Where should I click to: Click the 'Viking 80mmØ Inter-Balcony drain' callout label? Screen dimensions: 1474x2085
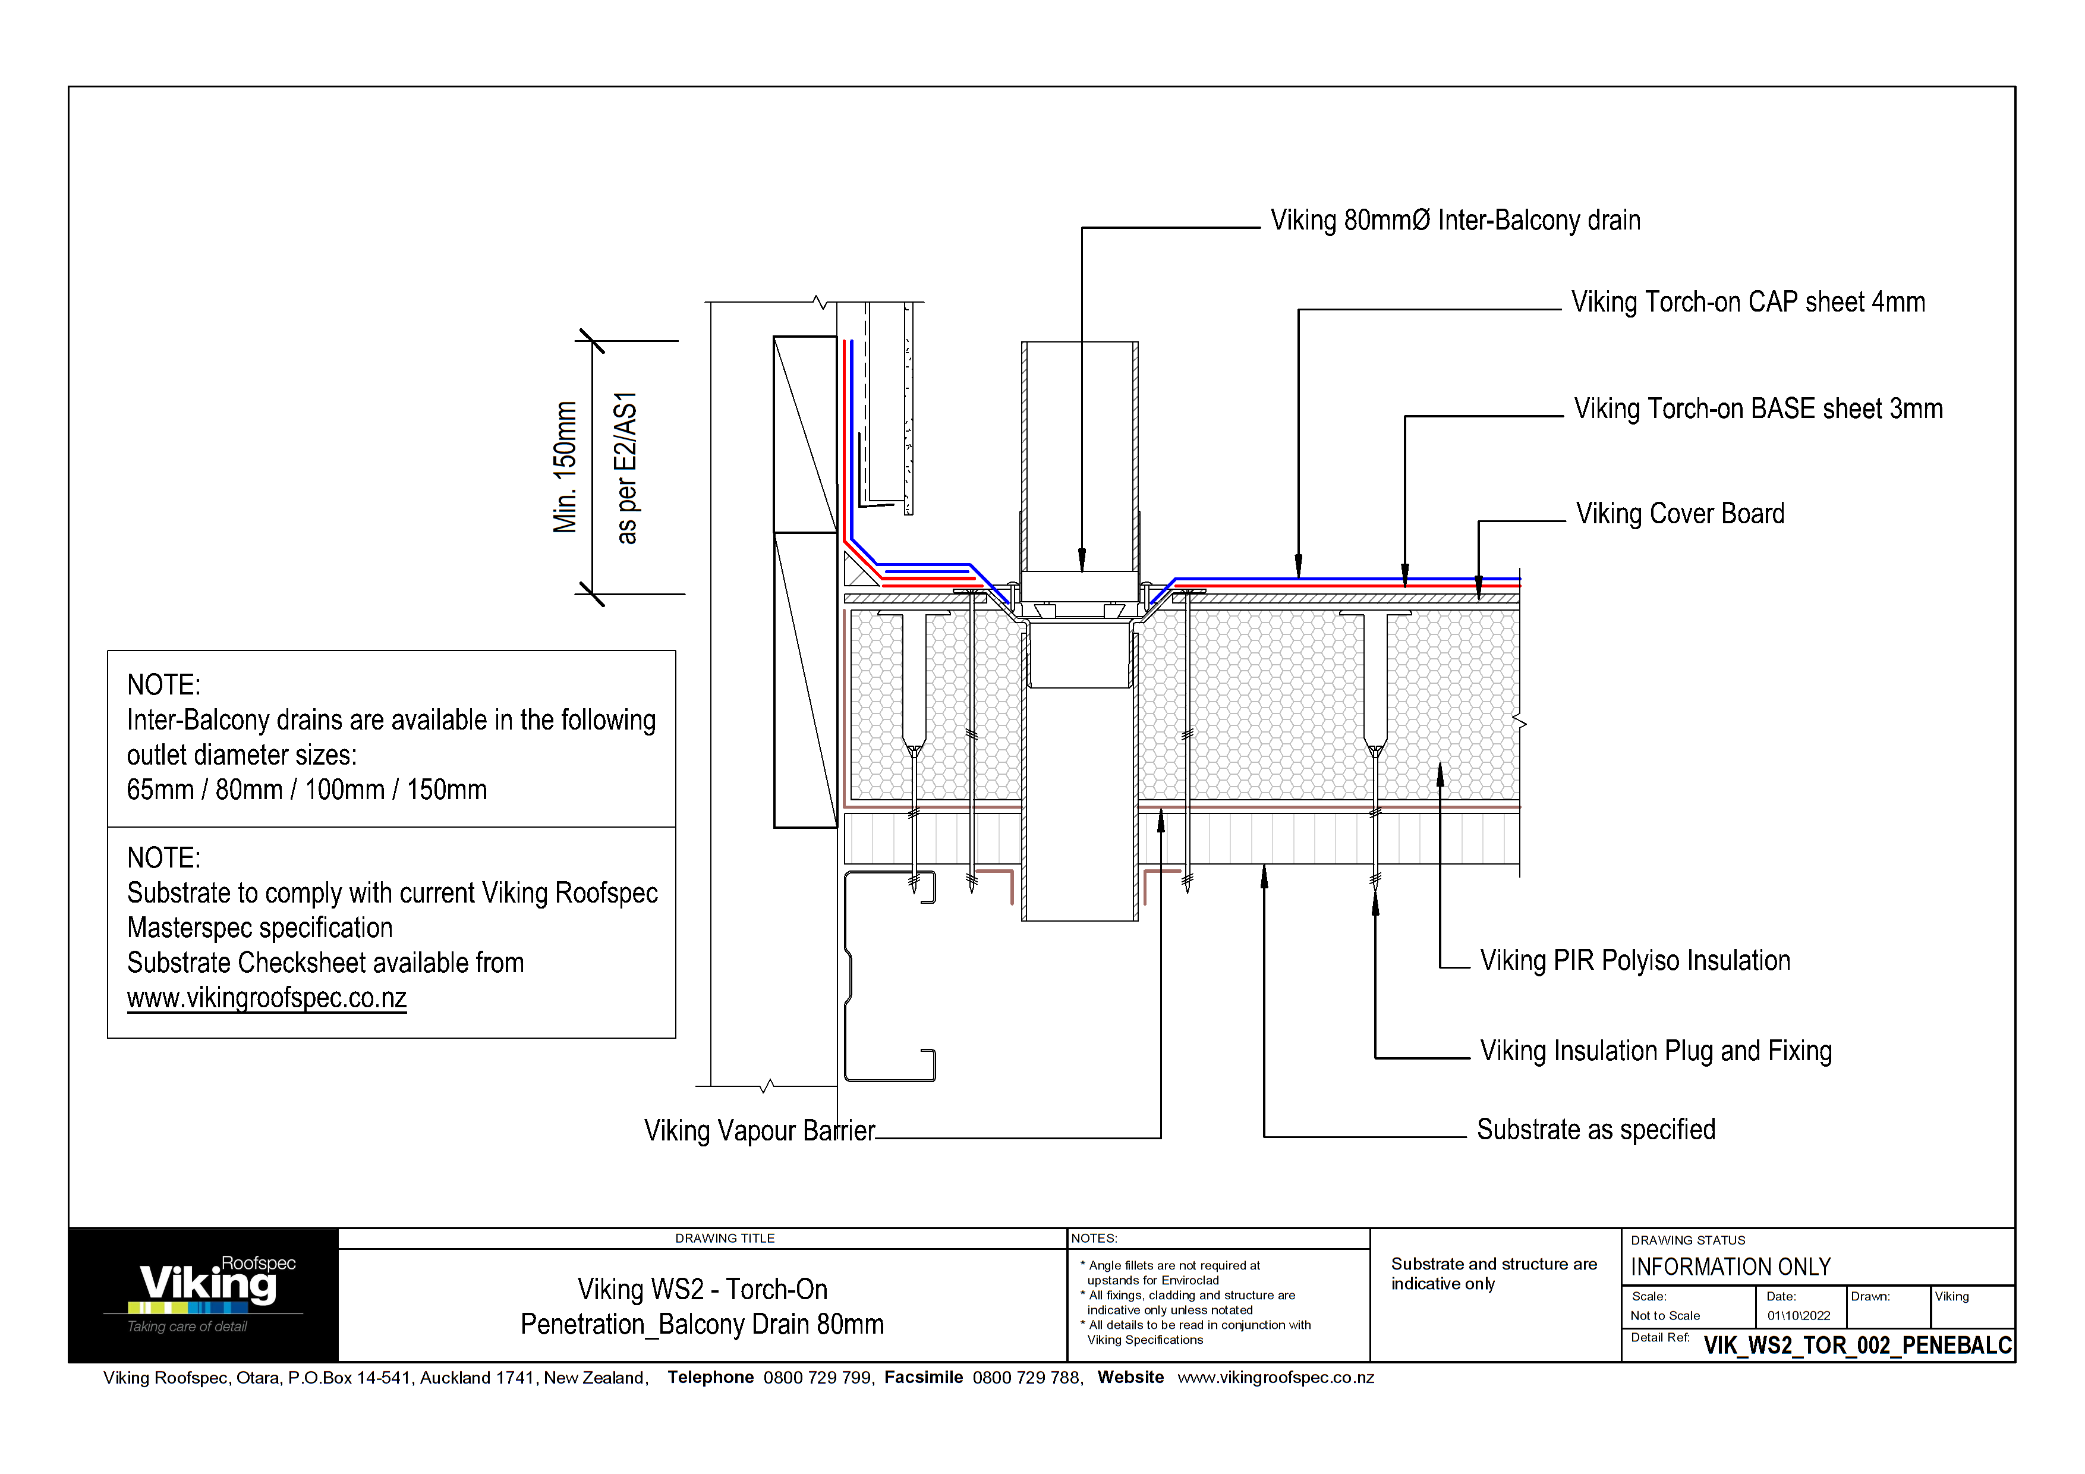click(x=1455, y=221)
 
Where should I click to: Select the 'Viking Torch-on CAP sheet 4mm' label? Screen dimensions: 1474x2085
click(x=1747, y=303)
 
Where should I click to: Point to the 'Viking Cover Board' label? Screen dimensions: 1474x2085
click(x=1680, y=514)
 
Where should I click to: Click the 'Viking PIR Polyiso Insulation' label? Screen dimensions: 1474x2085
click(x=1634, y=961)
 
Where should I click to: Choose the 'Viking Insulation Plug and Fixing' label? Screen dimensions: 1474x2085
click(x=1655, y=1051)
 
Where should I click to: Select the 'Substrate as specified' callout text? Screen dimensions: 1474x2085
click(x=1595, y=1130)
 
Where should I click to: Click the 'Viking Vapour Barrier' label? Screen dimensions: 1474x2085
click(x=759, y=1131)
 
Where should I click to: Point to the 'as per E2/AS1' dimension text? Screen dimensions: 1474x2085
click(x=626, y=468)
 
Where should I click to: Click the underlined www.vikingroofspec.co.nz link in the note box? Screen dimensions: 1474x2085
click(x=266, y=998)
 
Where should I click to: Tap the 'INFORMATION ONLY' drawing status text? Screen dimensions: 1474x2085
click(x=1730, y=1267)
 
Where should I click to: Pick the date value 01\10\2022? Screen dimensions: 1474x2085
click(x=1798, y=1316)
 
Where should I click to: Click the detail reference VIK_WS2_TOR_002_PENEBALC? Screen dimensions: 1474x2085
click(x=1857, y=1345)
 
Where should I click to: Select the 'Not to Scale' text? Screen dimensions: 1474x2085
click(x=1665, y=1316)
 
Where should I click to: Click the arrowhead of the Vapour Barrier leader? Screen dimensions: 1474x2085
click(x=1161, y=820)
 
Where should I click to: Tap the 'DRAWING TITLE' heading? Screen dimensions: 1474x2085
click(x=725, y=1239)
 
